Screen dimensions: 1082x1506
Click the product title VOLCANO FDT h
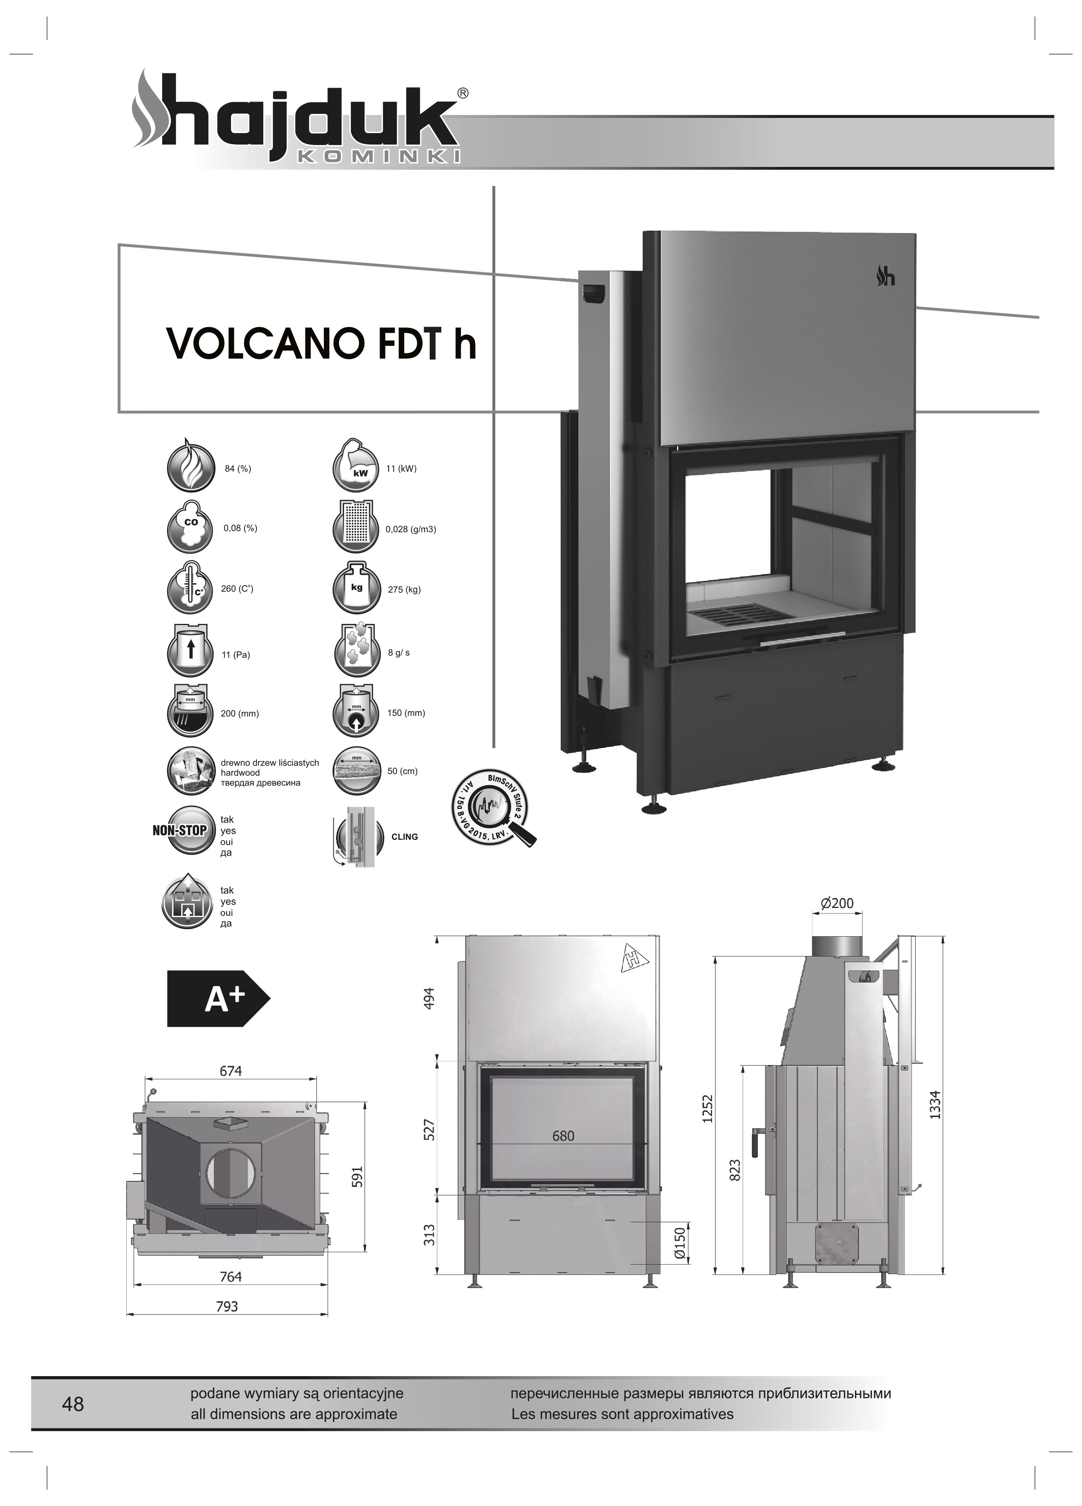click(321, 343)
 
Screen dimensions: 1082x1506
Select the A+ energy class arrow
click(218, 999)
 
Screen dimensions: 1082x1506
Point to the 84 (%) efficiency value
click(238, 469)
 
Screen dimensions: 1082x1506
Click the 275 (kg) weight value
click(404, 590)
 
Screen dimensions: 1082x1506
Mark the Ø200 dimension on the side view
click(837, 903)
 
